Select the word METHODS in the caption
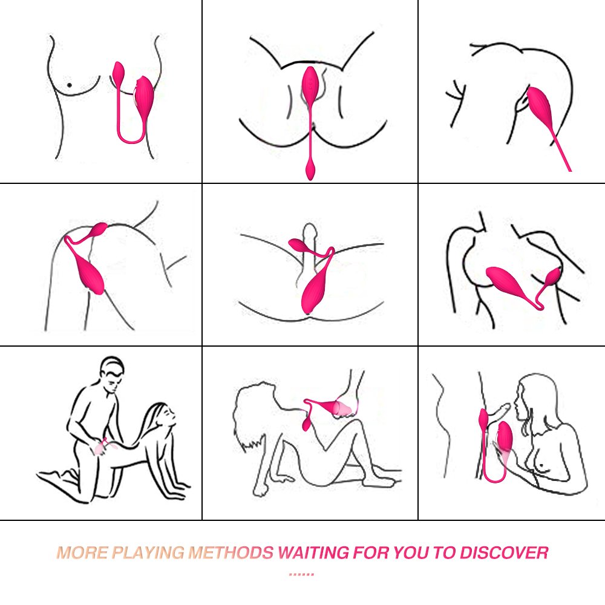(x=231, y=552)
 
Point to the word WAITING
(x=313, y=552)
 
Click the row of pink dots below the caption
(x=301, y=575)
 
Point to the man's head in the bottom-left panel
(x=113, y=371)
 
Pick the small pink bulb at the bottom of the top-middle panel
(x=310, y=169)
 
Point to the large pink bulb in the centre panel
(x=313, y=292)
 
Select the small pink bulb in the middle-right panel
(x=553, y=276)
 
